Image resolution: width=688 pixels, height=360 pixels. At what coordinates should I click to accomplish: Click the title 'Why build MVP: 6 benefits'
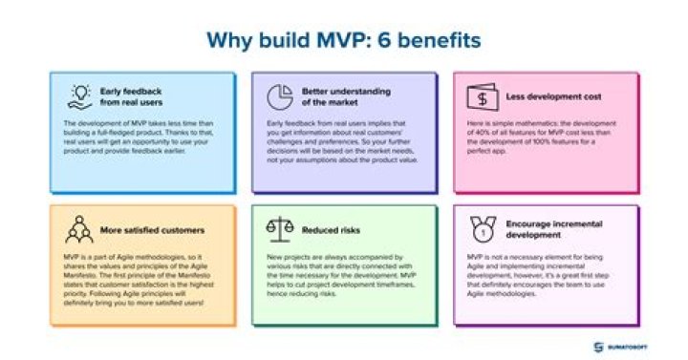click(344, 40)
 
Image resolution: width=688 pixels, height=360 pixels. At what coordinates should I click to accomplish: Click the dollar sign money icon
click(480, 96)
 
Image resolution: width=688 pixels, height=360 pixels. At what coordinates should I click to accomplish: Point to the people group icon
click(78, 230)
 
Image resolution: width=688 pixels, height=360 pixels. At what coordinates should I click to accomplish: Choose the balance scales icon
click(279, 230)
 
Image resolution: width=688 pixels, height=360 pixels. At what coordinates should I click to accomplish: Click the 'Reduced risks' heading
click(331, 229)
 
